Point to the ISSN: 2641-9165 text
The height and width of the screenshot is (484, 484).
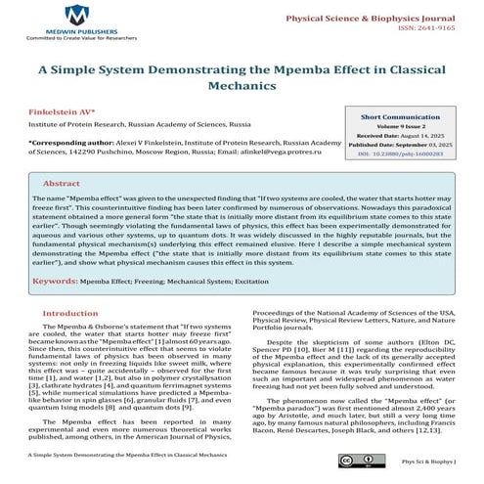(428, 30)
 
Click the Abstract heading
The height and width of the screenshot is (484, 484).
(62, 183)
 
